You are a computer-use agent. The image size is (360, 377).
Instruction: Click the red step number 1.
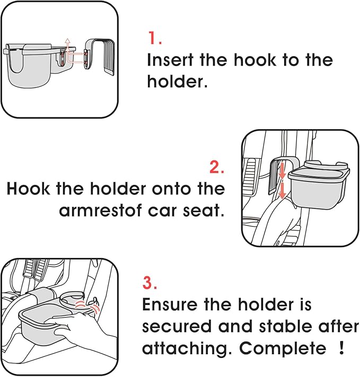coord(154,38)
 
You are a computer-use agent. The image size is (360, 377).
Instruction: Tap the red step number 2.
coord(217,167)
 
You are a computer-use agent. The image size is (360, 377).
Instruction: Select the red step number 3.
coord(150,283)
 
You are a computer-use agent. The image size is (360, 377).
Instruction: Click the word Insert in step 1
coord(170,60)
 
